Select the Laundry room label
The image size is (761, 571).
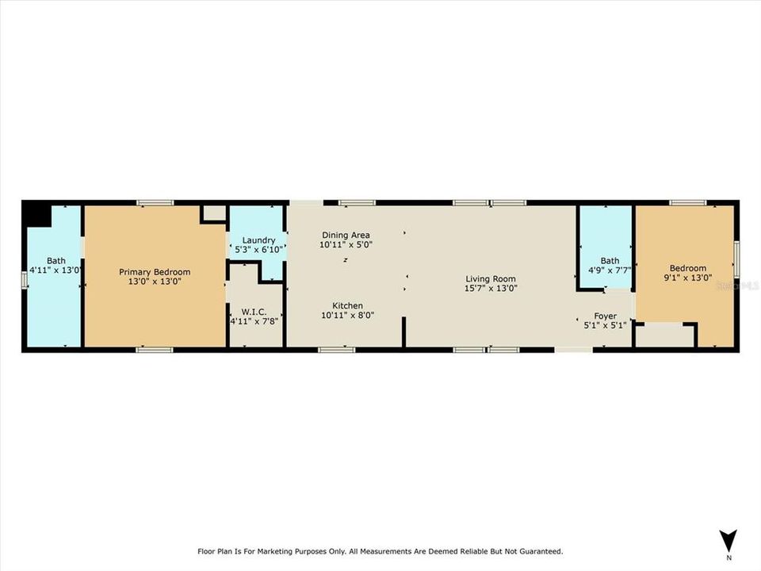coord(258,240)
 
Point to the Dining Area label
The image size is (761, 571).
coord(345,235)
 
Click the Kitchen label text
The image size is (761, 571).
coord(347,305)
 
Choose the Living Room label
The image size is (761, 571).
coord(491,278)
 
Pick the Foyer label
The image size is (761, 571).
coord(605,316)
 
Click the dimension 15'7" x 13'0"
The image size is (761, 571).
coord(491,289)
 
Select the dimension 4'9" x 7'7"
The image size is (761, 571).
coord(609,270)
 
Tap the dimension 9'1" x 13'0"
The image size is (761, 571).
coord(687,279)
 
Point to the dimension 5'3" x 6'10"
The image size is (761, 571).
coord(258,250)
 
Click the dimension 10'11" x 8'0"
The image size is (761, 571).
coord(347,315)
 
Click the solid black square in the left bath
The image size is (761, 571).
coord(33,213)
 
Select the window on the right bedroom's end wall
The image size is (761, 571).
coord(736,259)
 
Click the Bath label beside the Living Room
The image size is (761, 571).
coord(609,260)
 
